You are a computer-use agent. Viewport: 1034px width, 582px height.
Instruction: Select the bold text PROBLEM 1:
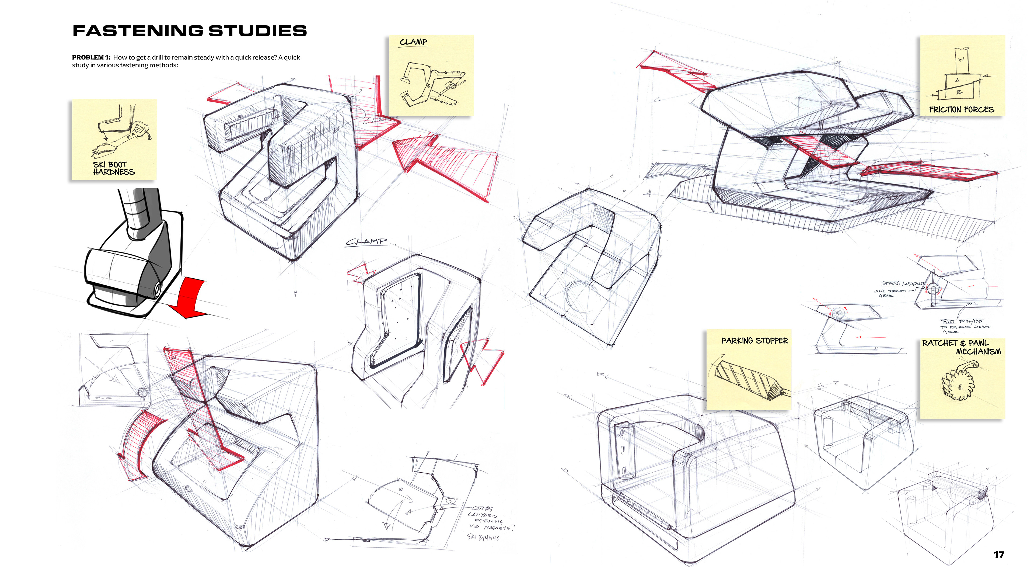coord(91,57)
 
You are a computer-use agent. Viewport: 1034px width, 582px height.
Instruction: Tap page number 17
coord(999,555)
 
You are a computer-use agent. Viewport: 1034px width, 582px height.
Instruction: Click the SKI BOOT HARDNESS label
coord(114,168)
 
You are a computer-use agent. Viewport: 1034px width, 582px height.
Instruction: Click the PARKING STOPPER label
coord(754,341)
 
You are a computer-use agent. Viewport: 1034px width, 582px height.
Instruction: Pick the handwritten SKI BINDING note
coord(483,537)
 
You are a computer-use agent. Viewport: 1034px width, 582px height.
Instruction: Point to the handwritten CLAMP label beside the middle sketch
coord(366,241)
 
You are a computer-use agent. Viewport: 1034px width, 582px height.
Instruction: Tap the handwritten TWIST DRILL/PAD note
coord(963,326)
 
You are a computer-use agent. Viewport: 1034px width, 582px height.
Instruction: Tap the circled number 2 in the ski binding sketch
coord(451,501)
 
